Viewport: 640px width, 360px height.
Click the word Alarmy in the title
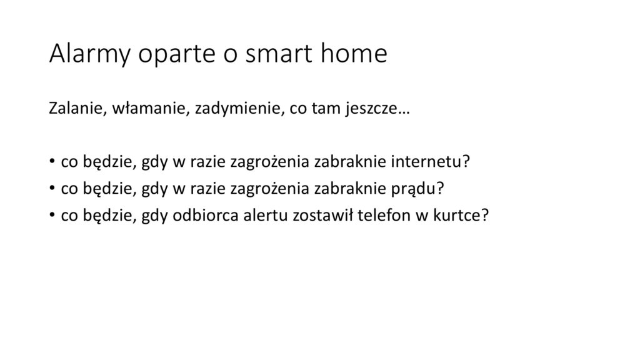pos(90,54)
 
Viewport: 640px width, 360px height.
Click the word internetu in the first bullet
pos(431,162)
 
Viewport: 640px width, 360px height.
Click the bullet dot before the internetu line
pos(52,161)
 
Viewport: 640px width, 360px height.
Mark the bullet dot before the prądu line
pos(52,188)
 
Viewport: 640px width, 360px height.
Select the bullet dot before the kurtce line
pos(52,215)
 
